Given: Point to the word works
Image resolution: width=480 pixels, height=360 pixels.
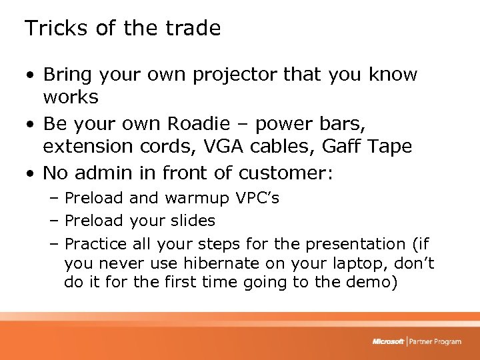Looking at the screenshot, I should click(71, 97).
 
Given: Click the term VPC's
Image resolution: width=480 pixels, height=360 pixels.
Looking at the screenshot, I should click(258, 198).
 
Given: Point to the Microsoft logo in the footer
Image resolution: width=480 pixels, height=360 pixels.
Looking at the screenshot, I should click(388, 341).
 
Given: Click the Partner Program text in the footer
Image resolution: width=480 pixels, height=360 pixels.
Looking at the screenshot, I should click(435, 341).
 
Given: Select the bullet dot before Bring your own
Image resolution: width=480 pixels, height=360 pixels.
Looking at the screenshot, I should click(30, 75).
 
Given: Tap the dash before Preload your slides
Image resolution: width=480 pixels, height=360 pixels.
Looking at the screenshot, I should click(53, 221).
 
